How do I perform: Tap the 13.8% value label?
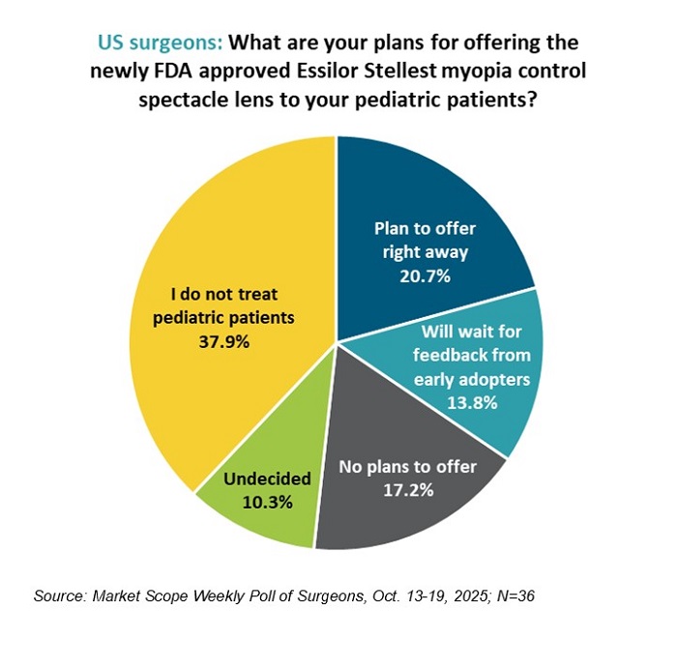point(472,401)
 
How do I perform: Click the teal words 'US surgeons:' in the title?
point(162,44)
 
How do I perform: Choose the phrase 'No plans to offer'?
point(407,467)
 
